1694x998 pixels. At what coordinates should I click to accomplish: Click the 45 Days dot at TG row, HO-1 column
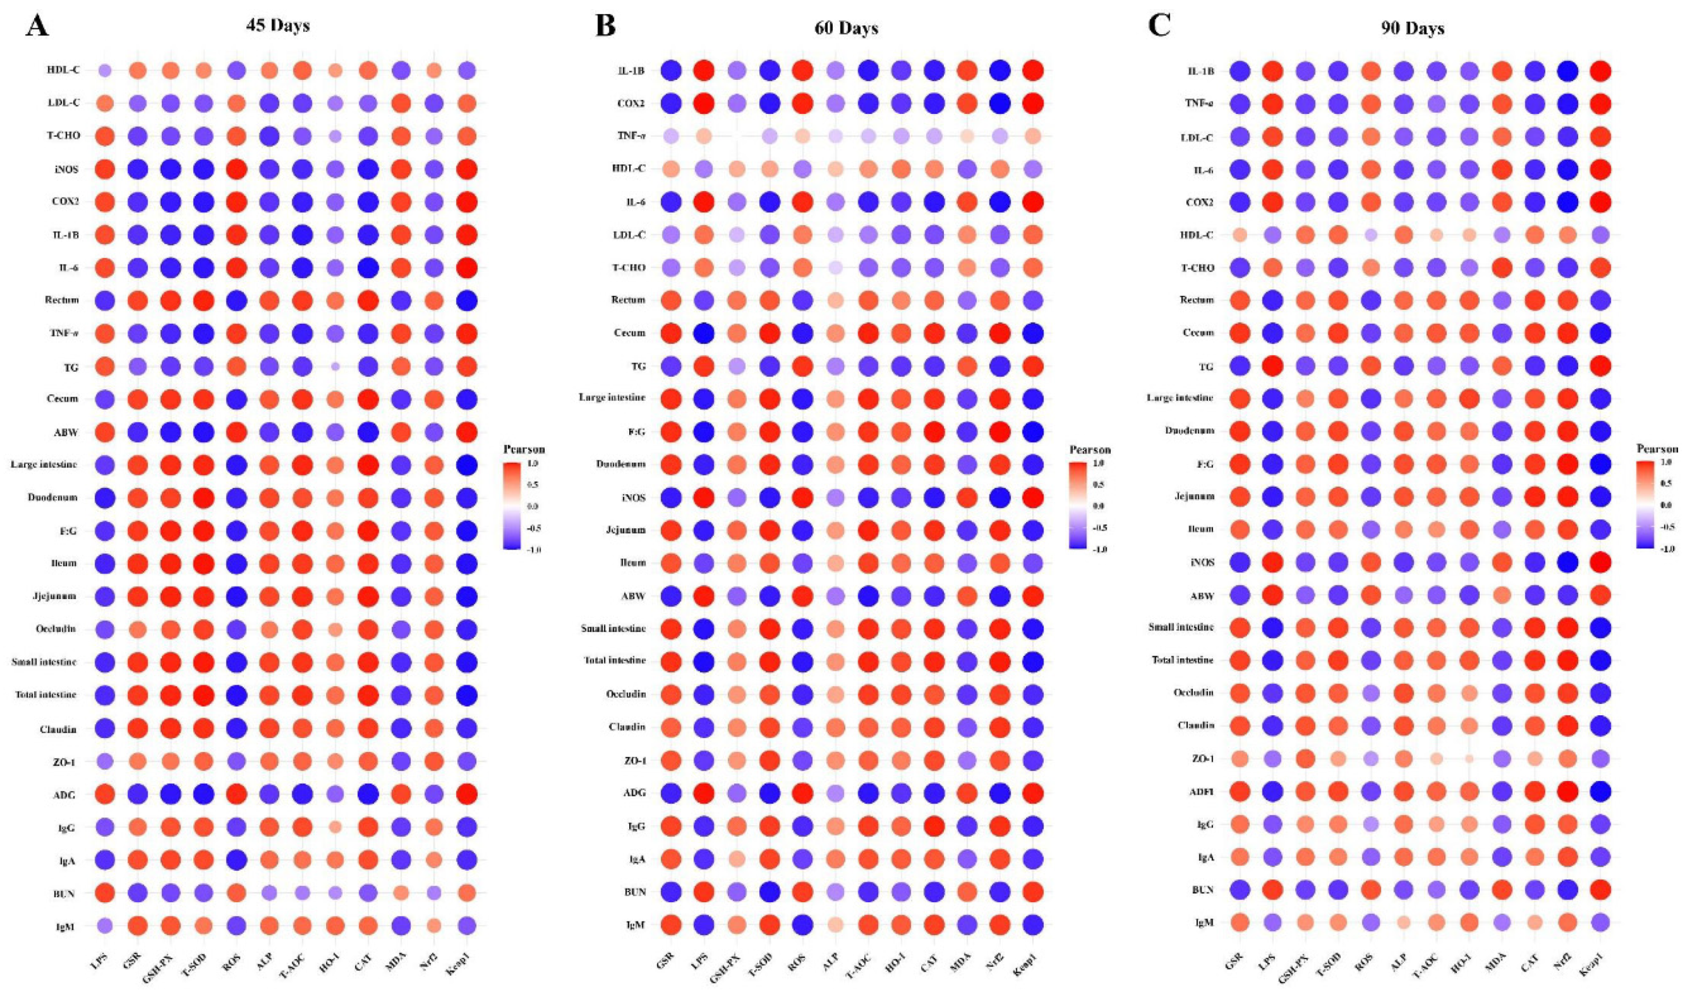point(336,366)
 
